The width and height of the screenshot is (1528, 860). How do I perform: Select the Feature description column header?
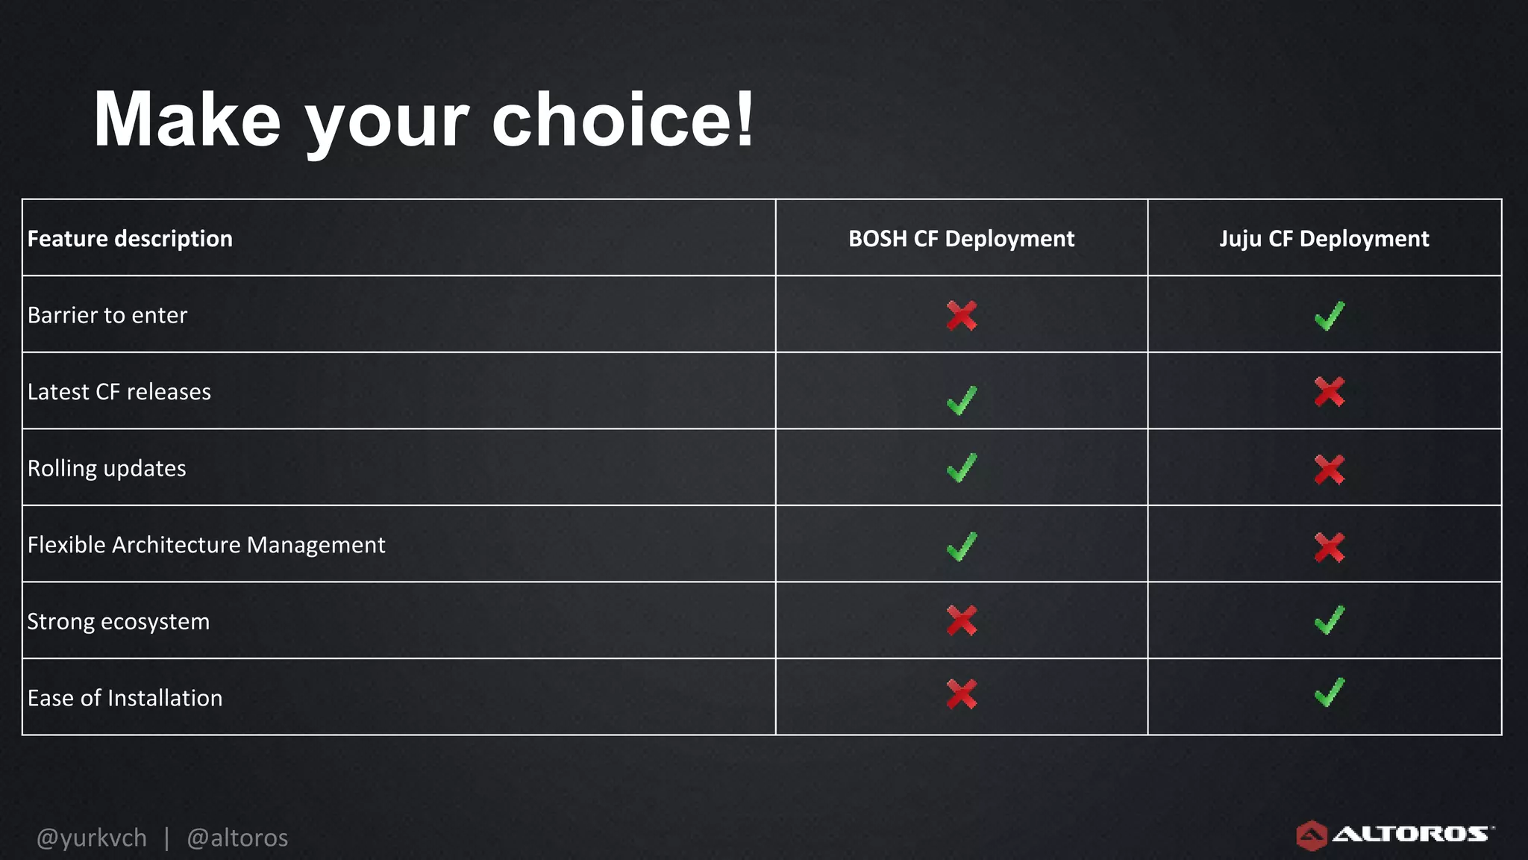click(130, 239)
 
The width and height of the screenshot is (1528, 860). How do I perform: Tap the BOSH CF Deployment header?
click(961, 239)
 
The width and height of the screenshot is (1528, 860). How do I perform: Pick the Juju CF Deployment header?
click(1324, 239)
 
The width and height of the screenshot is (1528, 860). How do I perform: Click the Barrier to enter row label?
click(107, 315)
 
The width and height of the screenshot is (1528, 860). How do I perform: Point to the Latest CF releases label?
click(119, 392)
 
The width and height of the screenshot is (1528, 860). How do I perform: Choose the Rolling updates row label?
click(107, 469)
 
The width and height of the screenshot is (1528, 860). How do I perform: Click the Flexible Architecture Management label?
click(207, 545)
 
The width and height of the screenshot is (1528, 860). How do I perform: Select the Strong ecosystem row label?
click(119, 622)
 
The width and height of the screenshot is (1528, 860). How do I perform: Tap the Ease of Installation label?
click(125, 698)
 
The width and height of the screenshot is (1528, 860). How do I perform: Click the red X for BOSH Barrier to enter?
click(961, 316)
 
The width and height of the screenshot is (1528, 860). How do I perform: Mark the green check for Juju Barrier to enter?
click(1329, 316)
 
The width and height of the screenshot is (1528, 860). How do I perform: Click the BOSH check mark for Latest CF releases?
click(961, 400)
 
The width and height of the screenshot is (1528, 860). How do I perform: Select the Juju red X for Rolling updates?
click(1329, 470)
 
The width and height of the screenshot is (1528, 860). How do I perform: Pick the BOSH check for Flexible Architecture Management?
click(961, 546)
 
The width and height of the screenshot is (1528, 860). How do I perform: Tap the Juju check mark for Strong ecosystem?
click(1329, 620)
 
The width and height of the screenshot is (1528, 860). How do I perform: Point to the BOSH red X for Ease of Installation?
click(961, 694)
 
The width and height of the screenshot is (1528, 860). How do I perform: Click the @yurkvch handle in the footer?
click(92, 838)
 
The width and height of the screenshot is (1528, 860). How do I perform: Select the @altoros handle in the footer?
click(237, 838)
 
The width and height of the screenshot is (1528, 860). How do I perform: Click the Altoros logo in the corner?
click(1394, 835)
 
